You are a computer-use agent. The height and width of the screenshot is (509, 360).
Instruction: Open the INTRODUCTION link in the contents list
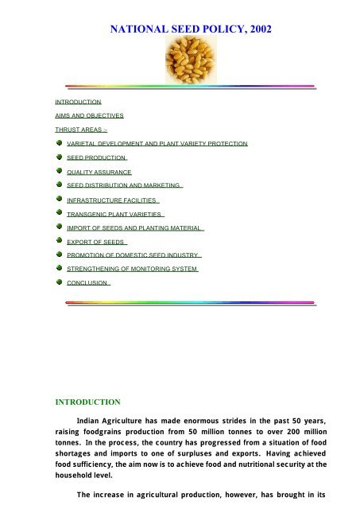78,103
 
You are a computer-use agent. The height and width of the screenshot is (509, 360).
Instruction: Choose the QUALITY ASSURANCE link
99,171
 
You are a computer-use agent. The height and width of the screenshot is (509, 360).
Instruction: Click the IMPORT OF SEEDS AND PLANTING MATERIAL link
136,227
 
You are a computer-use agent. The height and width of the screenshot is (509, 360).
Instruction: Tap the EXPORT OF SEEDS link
97,241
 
